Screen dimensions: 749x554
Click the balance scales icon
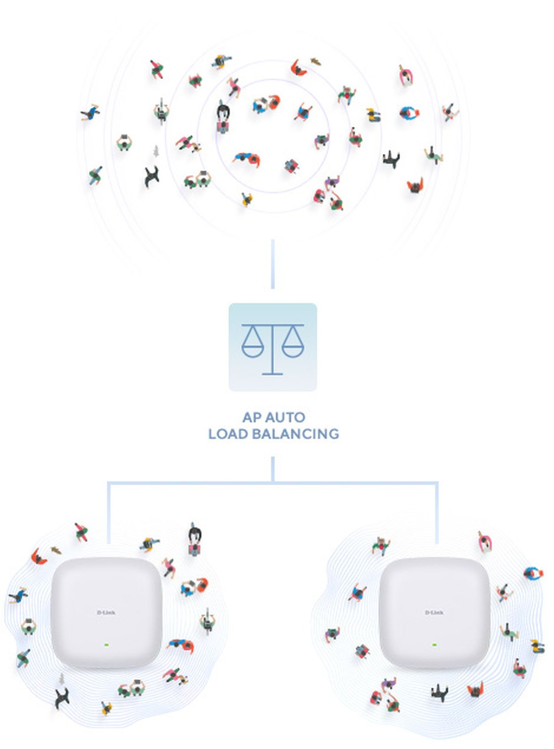pos(272,347)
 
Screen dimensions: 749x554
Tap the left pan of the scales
pos(253,347)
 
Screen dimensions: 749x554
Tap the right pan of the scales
pos(293,347)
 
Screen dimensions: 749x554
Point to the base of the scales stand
pos(272,373)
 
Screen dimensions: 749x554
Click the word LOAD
pos(228,434)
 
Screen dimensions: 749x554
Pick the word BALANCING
pos(295,434)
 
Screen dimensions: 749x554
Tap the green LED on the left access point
pos(106,645)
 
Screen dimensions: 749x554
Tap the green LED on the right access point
pos(435,645)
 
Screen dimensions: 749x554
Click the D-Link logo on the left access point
pos(106,612)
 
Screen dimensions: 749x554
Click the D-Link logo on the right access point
pos(434,612)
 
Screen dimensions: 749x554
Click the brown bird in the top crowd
pos(316,61)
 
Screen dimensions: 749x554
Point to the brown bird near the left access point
pos(56,550)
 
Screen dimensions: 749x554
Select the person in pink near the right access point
pos(485,541)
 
